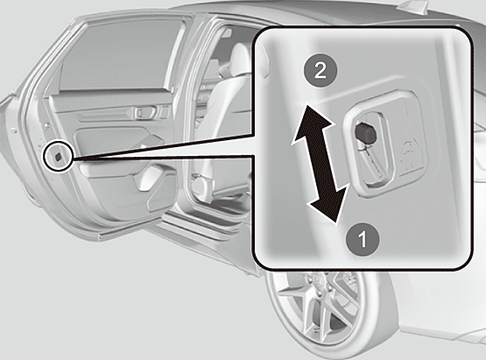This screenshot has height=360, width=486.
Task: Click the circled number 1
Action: pyautogui.click(x=363, y=239)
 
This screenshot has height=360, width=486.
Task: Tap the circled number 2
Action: pyautogui.click(x=320, y=71)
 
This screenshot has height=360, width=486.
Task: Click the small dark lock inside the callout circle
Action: pyautogui.click(x=58, y=157)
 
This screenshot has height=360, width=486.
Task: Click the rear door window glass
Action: pyautogui.click(x=121, y=56)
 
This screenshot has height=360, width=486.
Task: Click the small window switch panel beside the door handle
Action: pyautogui.click(x=165, y=111)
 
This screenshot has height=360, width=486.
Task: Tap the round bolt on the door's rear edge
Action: pyautogui.click(x=13, y=131)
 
